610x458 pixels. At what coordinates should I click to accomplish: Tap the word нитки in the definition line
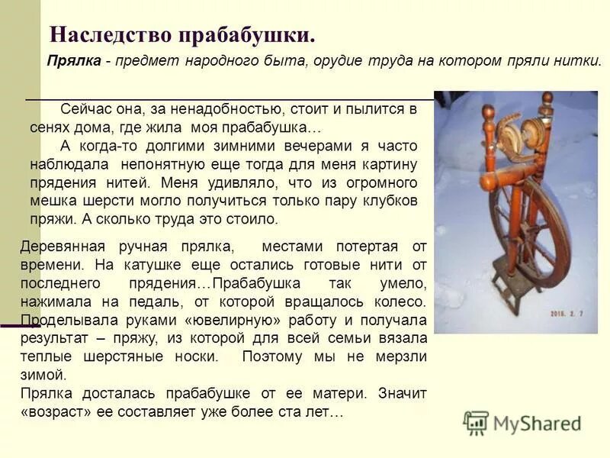pos(579,62)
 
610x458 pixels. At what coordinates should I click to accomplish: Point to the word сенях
pos(49,127)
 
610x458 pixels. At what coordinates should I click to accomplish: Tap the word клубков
pos(388,201)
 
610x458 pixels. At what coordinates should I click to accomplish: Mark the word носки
pos(195,356)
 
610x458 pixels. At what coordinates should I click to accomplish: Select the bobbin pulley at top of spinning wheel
pos(509,131)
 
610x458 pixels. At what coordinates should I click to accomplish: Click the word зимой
pos(43,375)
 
